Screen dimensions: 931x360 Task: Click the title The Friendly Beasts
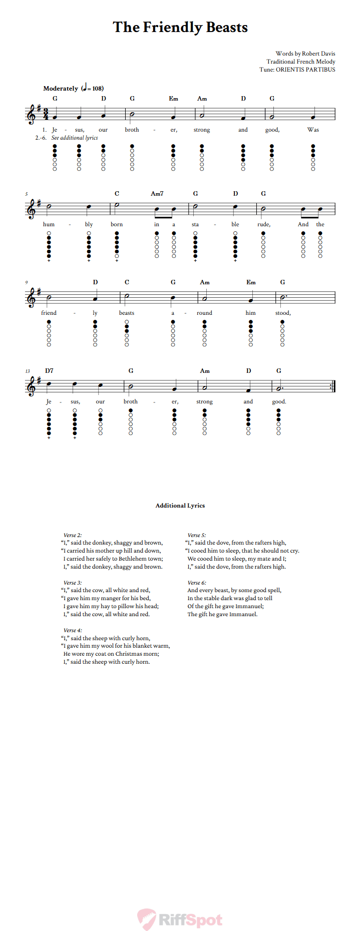click(x=180, y=27)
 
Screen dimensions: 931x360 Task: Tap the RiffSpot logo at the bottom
click(x=180, y=919)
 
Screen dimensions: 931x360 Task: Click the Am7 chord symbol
click(x=157, y=194)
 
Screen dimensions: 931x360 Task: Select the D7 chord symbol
click(x=49, y=371)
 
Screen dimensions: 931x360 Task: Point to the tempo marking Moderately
click(x=61, y=89)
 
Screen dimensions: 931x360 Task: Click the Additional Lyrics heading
click(x=180, y=506)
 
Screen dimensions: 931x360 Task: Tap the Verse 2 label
click(x=72, y=535)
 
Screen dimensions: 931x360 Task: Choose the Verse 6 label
click(x=197, y=583)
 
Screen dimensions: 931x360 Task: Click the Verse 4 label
click(x=72, y=630)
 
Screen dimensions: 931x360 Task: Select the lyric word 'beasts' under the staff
click(x=127, y=313)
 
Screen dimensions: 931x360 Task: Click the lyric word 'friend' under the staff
click(x=49, y=313)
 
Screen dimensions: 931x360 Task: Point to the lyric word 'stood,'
click(x=283, y=313)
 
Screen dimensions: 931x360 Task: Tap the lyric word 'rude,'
click(x=264, y=224)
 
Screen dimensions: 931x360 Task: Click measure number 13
click(x=27, y=371)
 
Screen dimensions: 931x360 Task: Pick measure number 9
click(x=27, y=283)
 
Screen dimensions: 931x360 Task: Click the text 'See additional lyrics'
click(x=75, y=138)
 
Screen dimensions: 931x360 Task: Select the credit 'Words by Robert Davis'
click(x=305, y=54)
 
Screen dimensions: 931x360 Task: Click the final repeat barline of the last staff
click(x=333, y=386)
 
